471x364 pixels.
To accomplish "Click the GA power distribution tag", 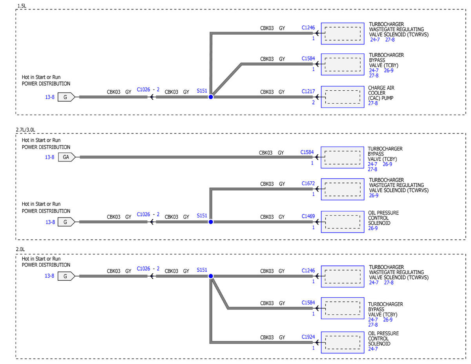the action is [67, 157].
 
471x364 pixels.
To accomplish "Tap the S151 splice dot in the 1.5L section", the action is [211, 97].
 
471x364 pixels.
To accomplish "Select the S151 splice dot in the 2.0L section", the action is [211, 276].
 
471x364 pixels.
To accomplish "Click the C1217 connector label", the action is [308, 91].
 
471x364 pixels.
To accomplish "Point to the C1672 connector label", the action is [308, 183].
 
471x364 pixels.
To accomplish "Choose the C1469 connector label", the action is [308, 216].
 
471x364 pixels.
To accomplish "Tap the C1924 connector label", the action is [308, 337].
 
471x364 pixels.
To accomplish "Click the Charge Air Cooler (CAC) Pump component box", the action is [343, 97].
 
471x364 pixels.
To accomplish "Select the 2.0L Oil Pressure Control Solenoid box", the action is [343, 342].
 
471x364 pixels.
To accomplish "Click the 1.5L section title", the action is [22, 6].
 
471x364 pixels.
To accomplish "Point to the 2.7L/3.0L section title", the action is [26, 130].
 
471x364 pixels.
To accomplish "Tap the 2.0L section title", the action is [20, 249].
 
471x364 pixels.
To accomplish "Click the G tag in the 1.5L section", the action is [66, 97].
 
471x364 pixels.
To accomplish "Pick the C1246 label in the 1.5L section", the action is [308, 27].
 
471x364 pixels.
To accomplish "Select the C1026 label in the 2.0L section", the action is [143, 269].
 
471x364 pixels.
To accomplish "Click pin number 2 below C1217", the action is [313, 102].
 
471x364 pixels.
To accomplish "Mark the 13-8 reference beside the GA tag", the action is [49, 157].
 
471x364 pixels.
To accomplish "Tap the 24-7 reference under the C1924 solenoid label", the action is [373, 349].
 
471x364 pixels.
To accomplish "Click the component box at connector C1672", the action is [343, 189].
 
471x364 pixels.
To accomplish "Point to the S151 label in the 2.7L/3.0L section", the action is [202, 216].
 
